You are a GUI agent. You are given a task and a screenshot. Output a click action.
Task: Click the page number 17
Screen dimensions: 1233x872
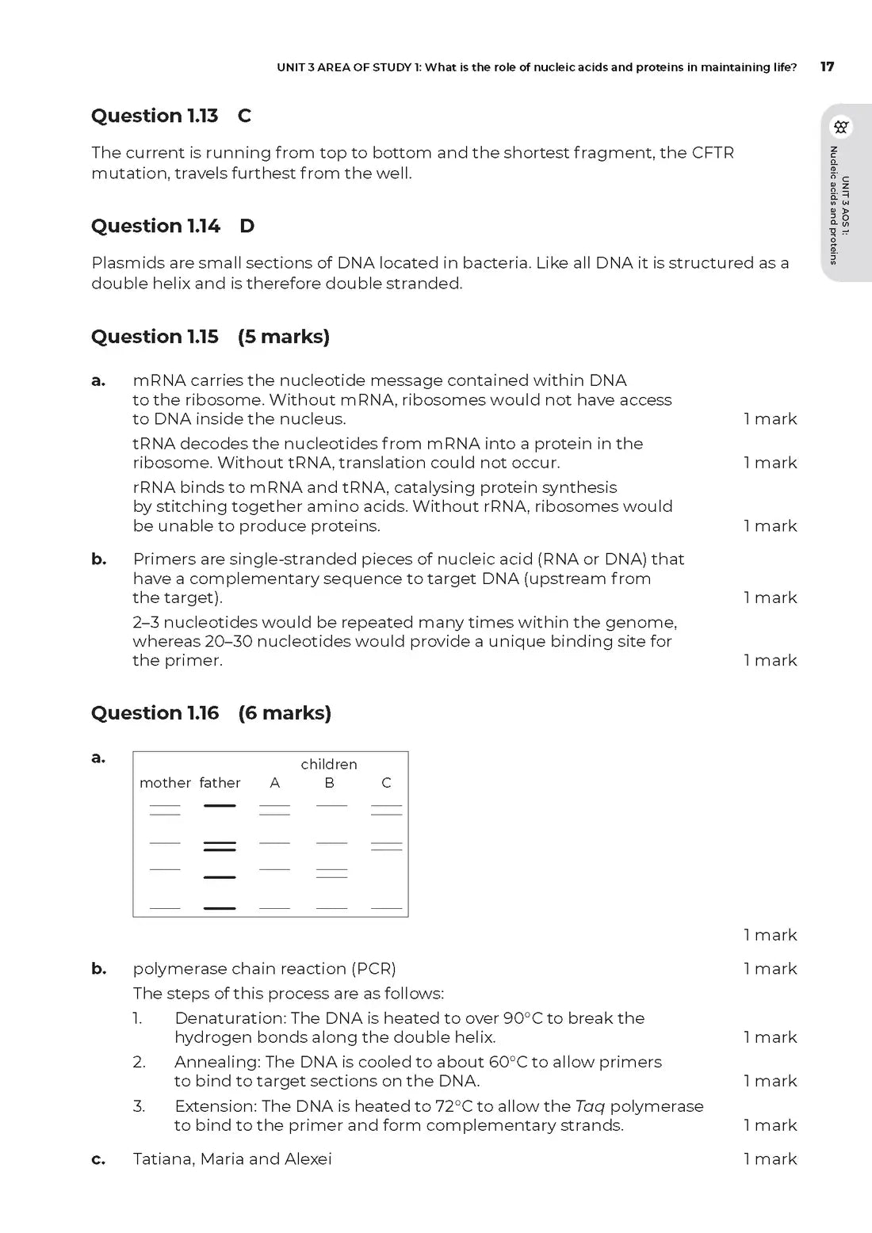pyautogui.click(x=827, y=67)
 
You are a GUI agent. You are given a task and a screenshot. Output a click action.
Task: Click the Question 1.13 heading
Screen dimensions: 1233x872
pyautogui.click(x=155, y=116)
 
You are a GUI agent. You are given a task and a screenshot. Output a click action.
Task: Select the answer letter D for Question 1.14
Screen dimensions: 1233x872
pyautogui.click(x=247, y=226)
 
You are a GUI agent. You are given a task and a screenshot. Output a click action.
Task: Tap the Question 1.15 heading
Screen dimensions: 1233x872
pyautogui.click(x=155, y=337)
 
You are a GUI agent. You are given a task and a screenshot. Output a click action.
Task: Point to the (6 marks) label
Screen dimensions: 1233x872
pyautogui.click(x=285, y=713)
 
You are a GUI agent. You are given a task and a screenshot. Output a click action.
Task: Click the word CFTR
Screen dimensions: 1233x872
pyautogui.click(x=713, y=152)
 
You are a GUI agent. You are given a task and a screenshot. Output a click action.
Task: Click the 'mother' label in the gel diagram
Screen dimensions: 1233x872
pyautogui.click(x=165, y=783)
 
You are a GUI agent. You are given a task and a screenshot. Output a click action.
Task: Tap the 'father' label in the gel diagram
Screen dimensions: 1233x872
pyautogui.click(x=220, y=783)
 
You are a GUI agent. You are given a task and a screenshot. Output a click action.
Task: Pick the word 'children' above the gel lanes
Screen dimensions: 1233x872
pyautogui.click(x=329, y=764)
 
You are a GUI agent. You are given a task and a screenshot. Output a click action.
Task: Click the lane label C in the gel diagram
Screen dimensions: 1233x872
pyautogui.click(x=386, y=783)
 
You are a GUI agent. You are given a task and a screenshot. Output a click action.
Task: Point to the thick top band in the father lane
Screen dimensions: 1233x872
pyautogui.click(x=220, y=805)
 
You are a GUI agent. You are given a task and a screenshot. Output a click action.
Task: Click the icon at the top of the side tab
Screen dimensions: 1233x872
pyautogui.click(x=841, y=127)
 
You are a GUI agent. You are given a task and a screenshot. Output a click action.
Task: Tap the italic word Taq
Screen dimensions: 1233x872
pyautogui.click(x=590, y=1106)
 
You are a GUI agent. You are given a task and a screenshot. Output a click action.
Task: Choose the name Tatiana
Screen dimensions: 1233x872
pyautogui.click(x=163, y=1159)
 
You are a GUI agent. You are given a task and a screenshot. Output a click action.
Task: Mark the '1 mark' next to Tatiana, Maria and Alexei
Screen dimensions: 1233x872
pyautogui.click(x=770, y=1159)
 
